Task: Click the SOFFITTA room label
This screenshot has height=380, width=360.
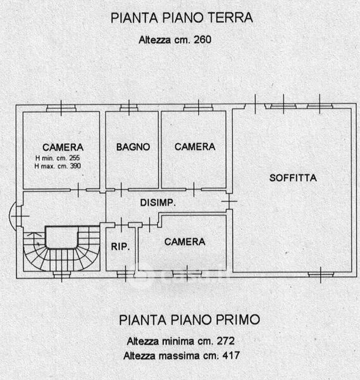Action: [x=293, y=178]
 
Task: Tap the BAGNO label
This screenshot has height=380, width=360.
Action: [x=133, y=147]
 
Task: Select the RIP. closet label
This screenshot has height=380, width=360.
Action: [x=120, y=246]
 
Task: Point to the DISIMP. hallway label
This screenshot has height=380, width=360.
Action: [x=158, y=203]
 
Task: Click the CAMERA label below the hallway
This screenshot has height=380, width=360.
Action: [x=185, y=242]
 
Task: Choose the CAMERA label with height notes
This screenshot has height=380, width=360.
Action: [x=63, y=147]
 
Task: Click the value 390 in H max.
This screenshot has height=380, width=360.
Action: [x=75, y=166]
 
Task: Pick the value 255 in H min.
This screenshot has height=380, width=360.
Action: [x=74, y=158]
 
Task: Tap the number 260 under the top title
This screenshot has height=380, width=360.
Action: [x=202, y=39]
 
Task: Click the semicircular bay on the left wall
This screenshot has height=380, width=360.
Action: [x=13, y=216]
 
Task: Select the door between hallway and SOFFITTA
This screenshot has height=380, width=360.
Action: [x=229, y=201]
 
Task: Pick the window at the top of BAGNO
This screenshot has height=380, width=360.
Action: [x=129, y=108]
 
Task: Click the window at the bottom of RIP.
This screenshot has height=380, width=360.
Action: [x=125, y=274]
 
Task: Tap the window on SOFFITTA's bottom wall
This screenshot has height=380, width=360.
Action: [x=321, y=275]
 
